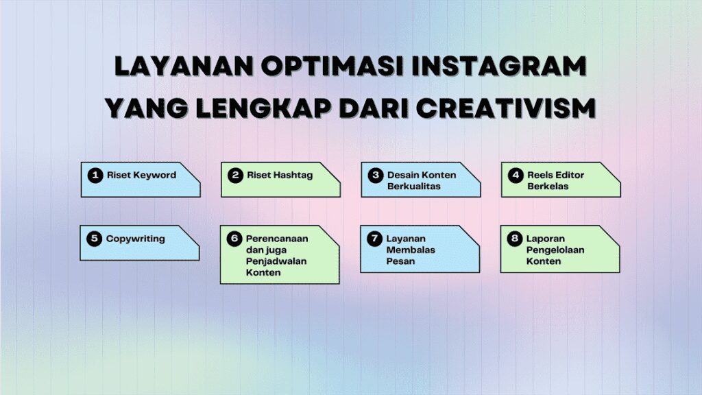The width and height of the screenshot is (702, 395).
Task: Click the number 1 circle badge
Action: coord(95,176)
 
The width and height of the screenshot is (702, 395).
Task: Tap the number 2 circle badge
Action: coord(235,176)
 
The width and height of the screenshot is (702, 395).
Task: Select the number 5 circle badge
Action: coord(95,239)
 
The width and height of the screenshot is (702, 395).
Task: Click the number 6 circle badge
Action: coord(235,239)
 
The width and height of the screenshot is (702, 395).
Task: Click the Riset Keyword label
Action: coord(141,175)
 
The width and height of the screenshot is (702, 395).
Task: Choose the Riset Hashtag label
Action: coord(280,175)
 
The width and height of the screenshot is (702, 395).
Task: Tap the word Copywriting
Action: coord(135,239)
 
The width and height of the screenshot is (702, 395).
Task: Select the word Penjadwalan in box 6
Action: coord(276,261)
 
